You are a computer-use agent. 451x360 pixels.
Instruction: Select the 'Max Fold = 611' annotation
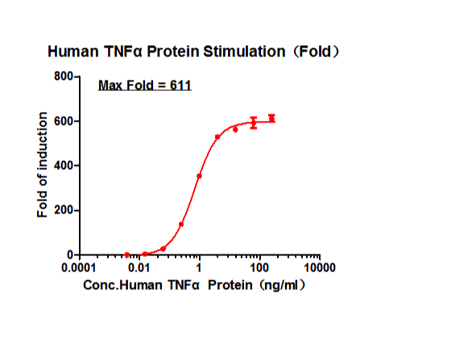pyautogui.click(x=145, y=85)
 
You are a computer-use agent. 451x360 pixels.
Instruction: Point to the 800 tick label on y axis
pyautogui.click(x=64, y=77)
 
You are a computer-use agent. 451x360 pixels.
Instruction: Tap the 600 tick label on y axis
pyautogui.click(x=64, y=121)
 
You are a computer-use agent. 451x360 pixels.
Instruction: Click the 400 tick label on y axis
pyautogui.click(x=64, y=166)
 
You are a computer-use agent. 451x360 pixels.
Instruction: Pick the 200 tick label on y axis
pyautogui.click(x=64, y=210)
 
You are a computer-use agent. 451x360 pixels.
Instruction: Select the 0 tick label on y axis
pyautogui.click(x=70, y=254)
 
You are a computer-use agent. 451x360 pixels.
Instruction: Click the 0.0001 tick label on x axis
pyautogui.click(x=79, y=268)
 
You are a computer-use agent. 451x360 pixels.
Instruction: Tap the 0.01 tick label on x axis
pyautogui.click(x=139, y=268)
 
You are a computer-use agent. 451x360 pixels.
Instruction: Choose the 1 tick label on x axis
pyautogui.click(x=199, y=268)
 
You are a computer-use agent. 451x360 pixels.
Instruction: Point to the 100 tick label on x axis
pyautogui.click(x=259, y=268)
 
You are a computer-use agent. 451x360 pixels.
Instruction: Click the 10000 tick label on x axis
pyautogui.click(x=320, y=268)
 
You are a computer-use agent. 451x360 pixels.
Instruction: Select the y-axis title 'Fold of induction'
pyautogui.click(x=42, y=165)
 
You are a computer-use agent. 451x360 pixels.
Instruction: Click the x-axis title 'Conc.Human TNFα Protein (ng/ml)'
pyautogui.click(x=194, y=285)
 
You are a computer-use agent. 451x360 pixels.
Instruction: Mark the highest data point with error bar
pyautogui.click(x=271, y=118)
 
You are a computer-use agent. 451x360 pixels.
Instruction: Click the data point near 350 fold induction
pyautogui.click(x=199, y=176)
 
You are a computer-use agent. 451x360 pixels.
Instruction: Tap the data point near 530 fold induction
pyautogui.click(x=217, y=137)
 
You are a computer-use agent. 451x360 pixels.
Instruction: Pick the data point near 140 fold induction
pyautogui.click(x=181, y=224)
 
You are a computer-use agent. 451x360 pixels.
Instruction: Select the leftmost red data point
pyautogui.click(x=127, y=254)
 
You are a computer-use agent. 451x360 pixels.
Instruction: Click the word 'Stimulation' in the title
pyautogui.click(x=244, y=52)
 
